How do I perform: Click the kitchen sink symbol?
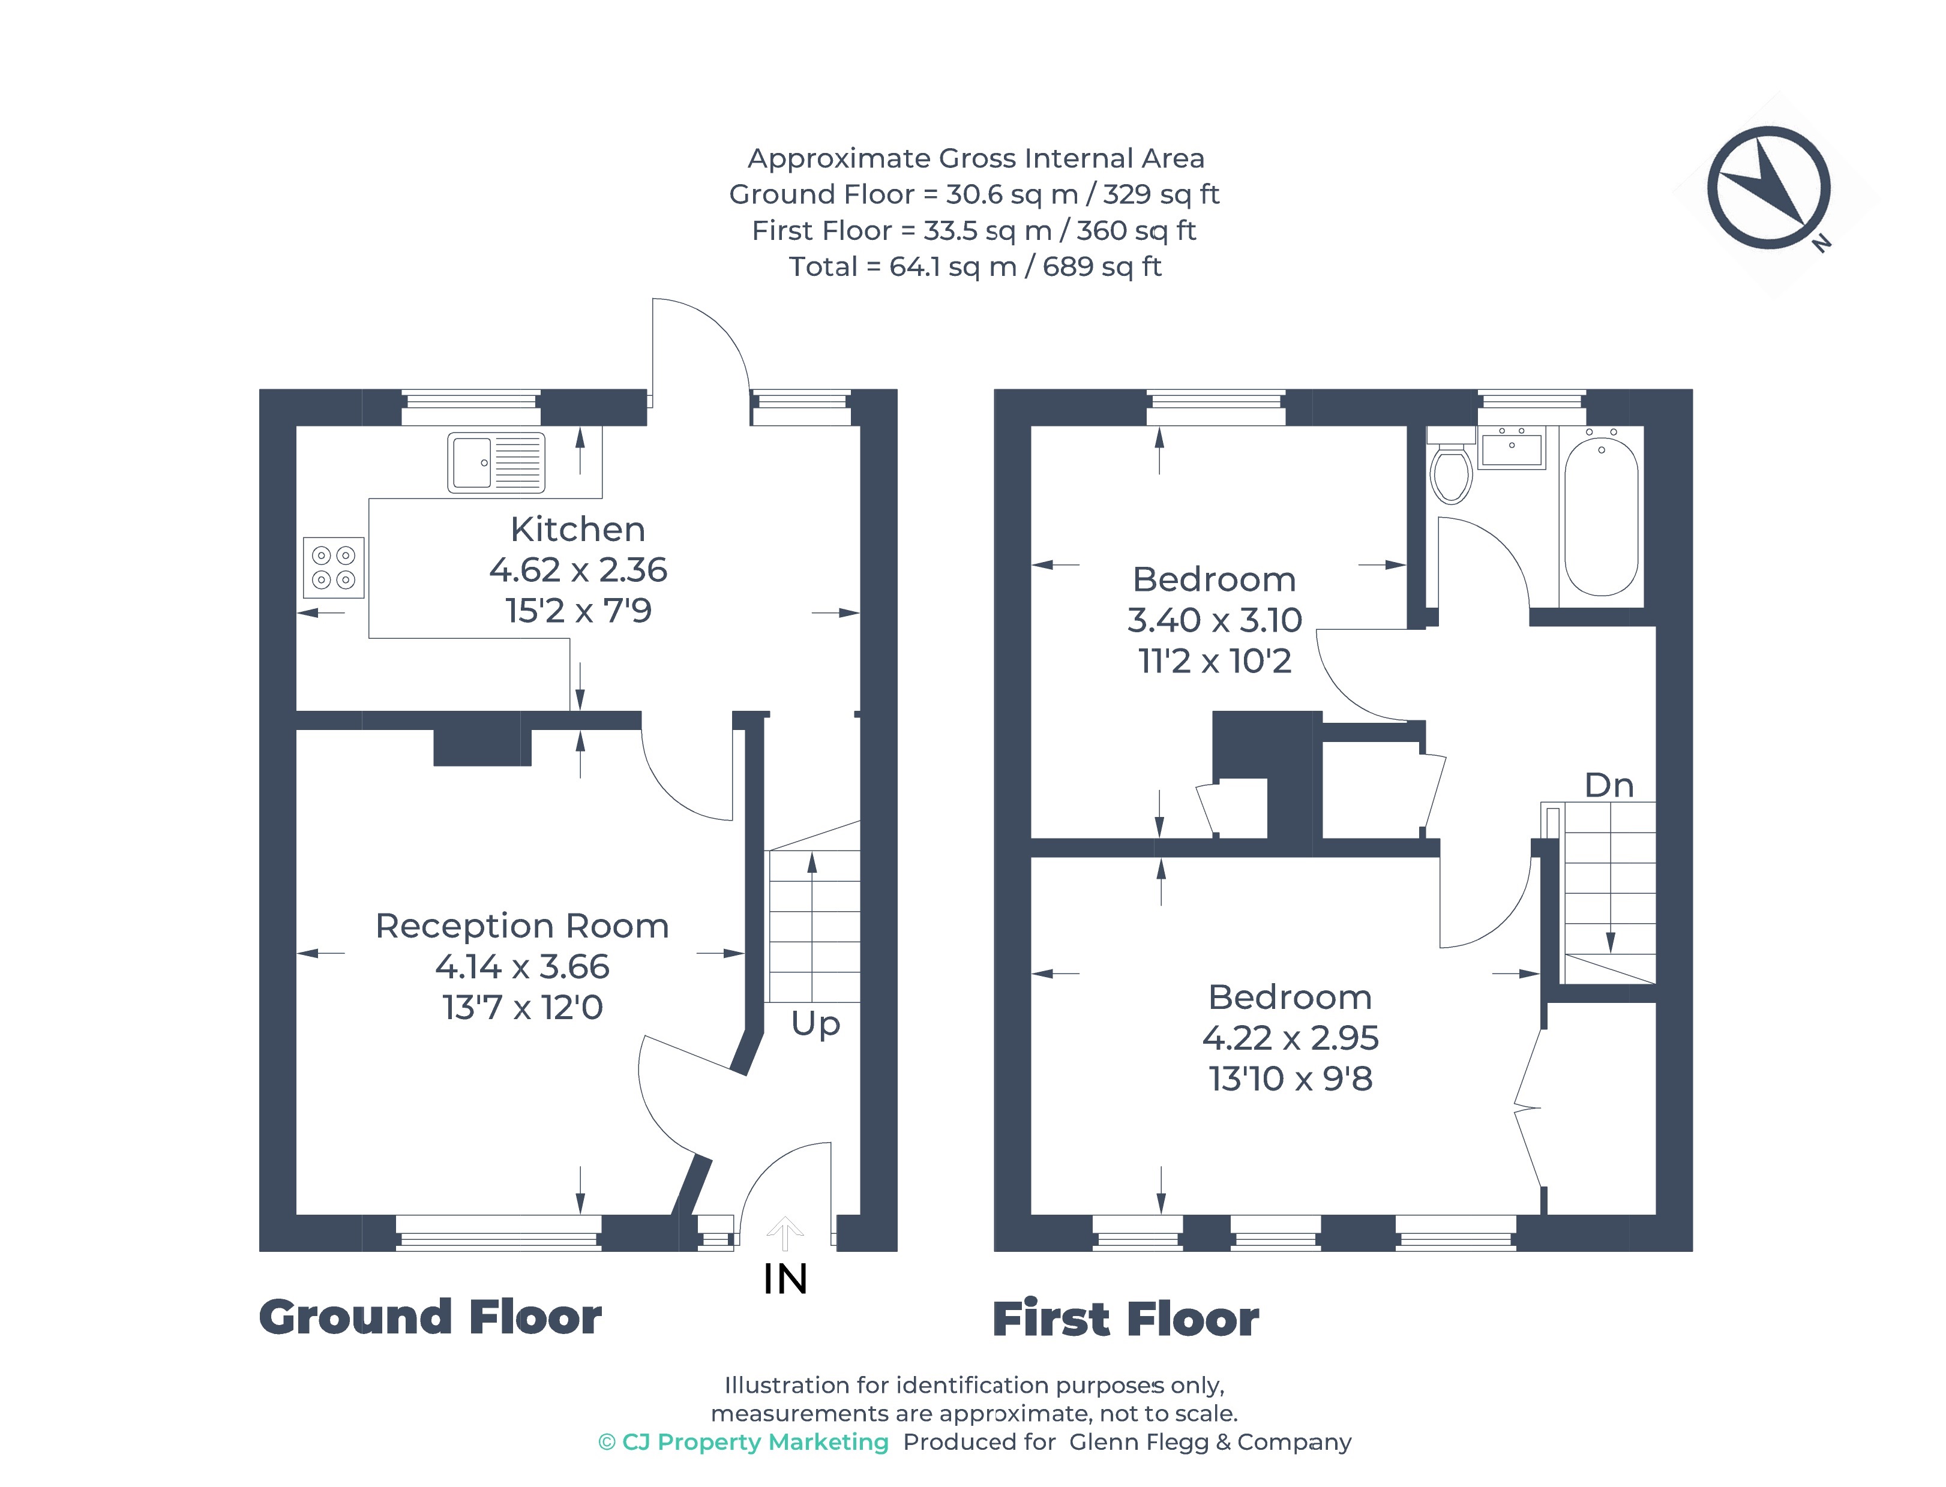click(x=496, y=462)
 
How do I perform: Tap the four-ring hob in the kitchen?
click(x=334, y=567)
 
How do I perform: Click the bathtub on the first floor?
click(x=1601, y=517)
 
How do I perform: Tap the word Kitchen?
click(x=578, y=529)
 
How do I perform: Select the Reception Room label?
click(x=523, y=926)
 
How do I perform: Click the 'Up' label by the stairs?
click(x=815, y=1024)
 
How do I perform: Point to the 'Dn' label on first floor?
click(x=1609, y=785)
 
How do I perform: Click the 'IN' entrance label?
click(x=785, y=1279)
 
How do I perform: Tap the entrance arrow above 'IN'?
click(x=784, y=1233)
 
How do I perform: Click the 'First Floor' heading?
click(x=1125, y=1319)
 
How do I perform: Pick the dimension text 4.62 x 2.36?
click(x=578, y=570)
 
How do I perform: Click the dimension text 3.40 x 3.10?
click(x=1215, y=620)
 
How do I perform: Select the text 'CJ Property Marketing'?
click(x=755, y=1442)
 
